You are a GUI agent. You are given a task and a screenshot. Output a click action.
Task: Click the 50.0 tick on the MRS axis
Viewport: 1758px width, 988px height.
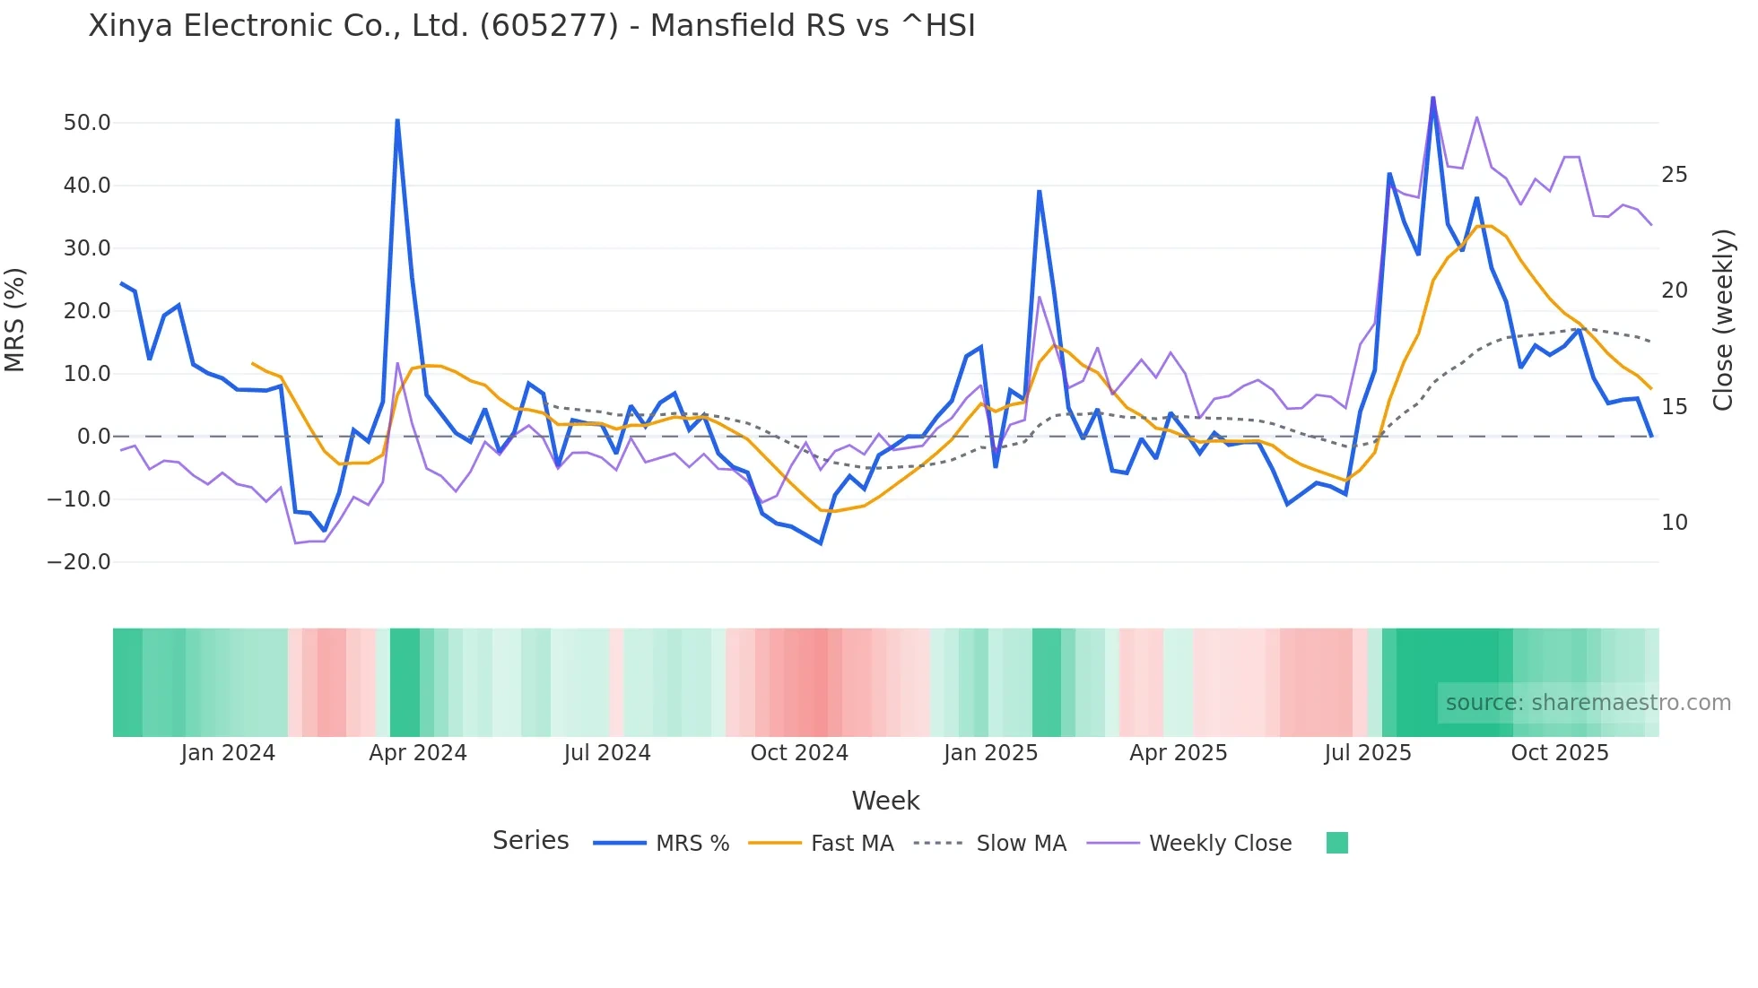click(86, 123)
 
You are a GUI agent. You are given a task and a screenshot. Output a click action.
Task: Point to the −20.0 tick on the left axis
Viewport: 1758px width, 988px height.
click(79, 562)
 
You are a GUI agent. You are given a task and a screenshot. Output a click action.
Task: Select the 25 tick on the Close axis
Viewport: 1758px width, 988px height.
click(1674, 175)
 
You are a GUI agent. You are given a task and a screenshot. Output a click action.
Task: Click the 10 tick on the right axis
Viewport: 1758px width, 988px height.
click(1674, 523)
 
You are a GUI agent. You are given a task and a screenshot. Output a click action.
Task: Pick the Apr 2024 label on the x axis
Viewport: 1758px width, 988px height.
click(417, 753)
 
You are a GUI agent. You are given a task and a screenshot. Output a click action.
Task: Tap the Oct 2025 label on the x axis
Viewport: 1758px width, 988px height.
click(1559, 753)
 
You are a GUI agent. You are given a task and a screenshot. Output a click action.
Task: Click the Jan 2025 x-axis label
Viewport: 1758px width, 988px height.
click(990, 753)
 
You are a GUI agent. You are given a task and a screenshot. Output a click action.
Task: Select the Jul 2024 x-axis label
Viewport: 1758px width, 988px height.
click(606, 753)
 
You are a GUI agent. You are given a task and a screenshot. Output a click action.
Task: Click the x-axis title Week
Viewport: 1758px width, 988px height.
click(885, 801)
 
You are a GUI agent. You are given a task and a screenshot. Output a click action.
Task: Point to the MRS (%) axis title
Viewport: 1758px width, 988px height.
click(15, 319)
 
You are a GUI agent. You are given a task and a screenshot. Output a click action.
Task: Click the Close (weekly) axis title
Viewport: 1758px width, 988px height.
click(1722, 320)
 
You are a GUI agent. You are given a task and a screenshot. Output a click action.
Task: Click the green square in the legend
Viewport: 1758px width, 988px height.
click(1336, 843)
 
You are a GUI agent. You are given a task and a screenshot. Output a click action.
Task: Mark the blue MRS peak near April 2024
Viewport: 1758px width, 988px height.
click(397, 120)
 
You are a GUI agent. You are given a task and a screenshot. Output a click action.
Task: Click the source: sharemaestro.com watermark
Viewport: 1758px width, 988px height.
click(1588, 703)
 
